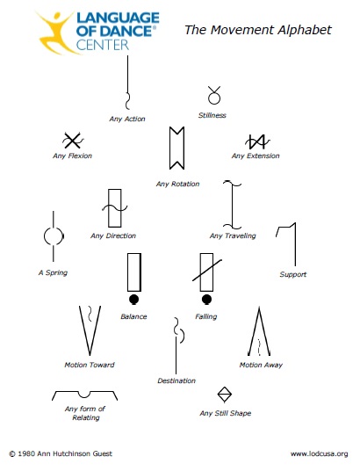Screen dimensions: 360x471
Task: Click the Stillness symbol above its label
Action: (x=214, y=98)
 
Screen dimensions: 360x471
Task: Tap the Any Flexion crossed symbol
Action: (x=72, y=141)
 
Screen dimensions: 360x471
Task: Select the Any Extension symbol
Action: (x=257, y=142)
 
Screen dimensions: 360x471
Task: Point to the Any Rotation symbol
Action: (x=176, y=149)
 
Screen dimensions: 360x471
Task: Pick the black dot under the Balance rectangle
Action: (x=134, y=300)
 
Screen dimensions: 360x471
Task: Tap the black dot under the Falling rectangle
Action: (x=206, y=300)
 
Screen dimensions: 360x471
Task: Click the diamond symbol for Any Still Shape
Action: (x=224, y=394)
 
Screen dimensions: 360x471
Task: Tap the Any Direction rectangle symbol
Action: (x=115, y=207)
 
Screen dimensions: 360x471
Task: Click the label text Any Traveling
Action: (x=233, y=235)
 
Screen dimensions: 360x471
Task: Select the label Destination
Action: (x=176, y=380)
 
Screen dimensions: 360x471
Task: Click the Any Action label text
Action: (x=127, y=119)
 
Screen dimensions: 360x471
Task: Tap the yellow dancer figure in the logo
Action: (x=56, y=32)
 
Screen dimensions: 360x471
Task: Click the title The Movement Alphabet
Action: (x=258, y=30)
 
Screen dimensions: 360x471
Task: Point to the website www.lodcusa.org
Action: (x=319, y=453)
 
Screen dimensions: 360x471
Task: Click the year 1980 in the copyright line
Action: (x=26, y=453)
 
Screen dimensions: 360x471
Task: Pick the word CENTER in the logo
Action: (x=103, y=45)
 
